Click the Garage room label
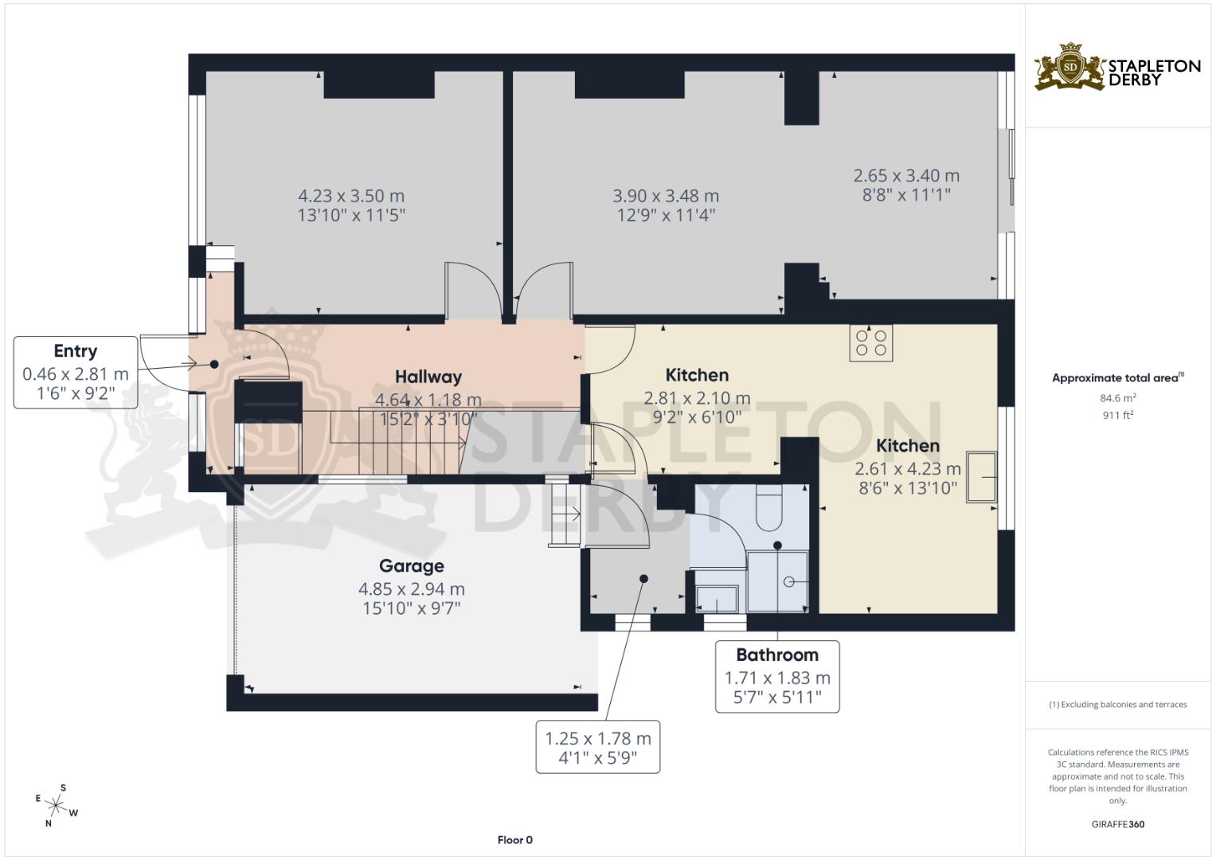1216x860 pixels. [411, 566]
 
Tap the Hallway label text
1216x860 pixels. [428, 377]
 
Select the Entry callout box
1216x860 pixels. [76, 373]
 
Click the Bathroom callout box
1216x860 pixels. [776, 676]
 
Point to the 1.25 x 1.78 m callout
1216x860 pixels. [597, 748]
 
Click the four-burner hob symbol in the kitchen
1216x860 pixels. [870, 342]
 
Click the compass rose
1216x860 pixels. [56, 805]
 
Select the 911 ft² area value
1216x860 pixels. [1117, 415]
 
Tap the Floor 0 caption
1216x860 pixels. [514, 839]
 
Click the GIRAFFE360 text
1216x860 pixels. [1117, 824]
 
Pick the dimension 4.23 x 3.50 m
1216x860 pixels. [351, 196]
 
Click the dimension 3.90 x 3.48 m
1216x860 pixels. [666, 196]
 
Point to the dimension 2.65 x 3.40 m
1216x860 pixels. [906, 176]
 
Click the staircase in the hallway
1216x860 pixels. [398, 442]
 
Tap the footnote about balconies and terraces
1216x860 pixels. [1117, 705]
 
